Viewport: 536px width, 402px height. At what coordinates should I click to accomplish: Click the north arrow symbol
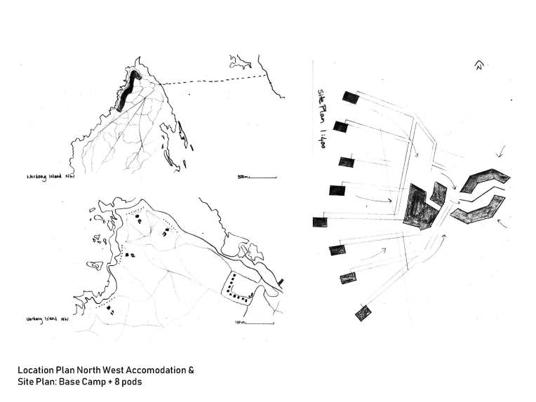478,66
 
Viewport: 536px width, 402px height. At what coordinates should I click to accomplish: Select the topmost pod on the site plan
351,99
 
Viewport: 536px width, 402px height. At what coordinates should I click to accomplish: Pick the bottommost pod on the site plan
363,313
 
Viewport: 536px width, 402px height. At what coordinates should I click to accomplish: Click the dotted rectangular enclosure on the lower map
239,288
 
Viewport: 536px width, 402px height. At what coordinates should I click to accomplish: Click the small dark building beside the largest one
439,195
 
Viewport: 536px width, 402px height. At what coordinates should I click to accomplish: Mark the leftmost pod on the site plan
321,222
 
